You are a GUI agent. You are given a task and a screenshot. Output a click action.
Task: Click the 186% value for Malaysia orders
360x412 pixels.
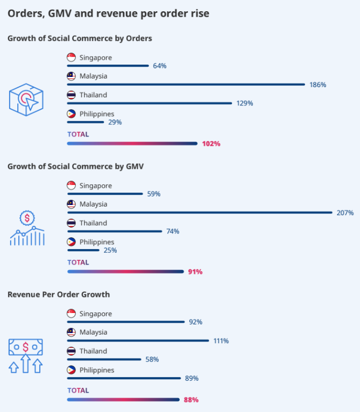[x=317, y=84]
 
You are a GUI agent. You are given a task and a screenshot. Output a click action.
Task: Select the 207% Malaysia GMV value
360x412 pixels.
[x=345, y=212]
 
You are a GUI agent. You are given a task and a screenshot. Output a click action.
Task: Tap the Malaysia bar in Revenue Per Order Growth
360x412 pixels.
[x=138, y=340]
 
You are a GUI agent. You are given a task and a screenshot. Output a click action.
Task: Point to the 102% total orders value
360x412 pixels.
[x=211, y=144]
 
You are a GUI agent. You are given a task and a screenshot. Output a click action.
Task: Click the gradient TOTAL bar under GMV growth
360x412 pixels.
[x=125, y=272]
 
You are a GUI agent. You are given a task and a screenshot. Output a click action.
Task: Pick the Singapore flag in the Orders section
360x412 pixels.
[x=71, y=58]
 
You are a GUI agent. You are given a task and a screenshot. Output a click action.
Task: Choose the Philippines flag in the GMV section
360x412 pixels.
[x=71, y=242]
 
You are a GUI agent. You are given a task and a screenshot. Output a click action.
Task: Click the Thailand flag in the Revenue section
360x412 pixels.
[x=71, y=351]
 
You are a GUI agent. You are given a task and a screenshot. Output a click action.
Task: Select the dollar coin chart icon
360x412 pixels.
[x=27, y=228]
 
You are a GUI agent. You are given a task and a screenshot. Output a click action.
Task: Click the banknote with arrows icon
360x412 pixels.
[x=26, y=356]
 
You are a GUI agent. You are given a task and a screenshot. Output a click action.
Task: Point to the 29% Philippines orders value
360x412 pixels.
[x=115, y=122]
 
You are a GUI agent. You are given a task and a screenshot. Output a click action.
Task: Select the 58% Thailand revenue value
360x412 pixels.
[x=152, y=359]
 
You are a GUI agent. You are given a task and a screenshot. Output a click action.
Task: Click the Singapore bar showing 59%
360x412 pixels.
[x=105, y=194]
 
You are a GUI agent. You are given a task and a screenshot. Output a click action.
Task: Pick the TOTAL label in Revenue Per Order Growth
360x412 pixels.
[x=78, y=390]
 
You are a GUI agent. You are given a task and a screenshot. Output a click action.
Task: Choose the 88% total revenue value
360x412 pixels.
[x=191, y=400]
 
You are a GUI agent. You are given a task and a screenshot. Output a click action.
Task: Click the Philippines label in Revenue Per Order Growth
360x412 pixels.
[x=97, y=370]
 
